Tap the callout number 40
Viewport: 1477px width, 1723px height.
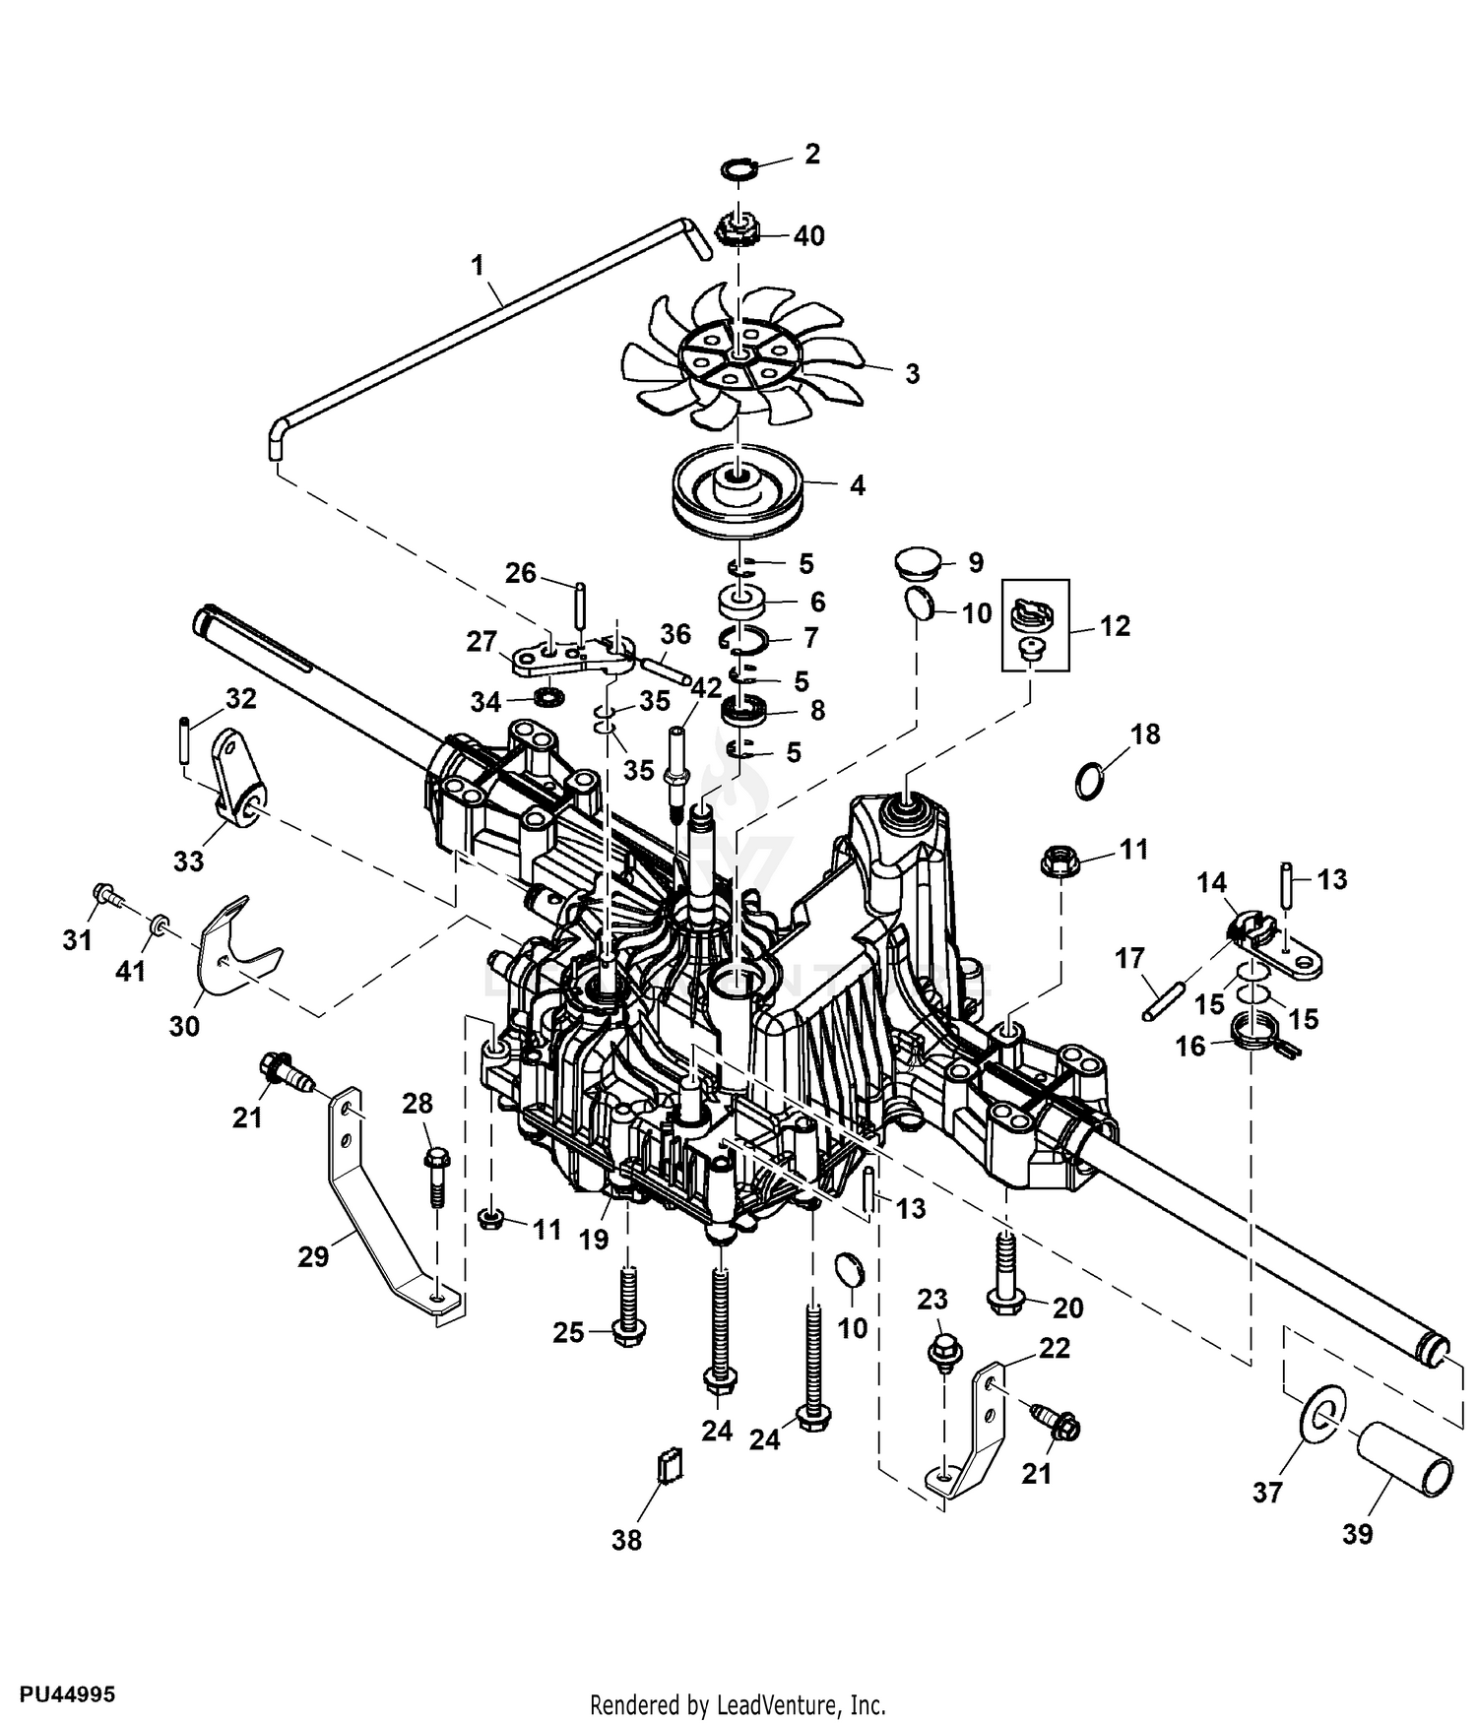coord(808,236)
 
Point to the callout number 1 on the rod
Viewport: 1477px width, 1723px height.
coord(479,266)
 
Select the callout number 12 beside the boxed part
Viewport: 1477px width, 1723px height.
coord(1114,625)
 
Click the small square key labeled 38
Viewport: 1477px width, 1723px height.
coord(669,1465)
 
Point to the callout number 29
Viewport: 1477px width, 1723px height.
coord(313,1257)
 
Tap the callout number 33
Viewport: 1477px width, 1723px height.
coord(188,861)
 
